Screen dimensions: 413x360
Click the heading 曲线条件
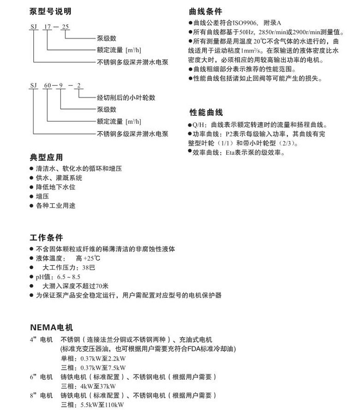coord(205,11)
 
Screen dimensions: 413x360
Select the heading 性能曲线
coord(206,113)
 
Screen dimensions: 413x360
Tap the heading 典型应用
coord(46,157)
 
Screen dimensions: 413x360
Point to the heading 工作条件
coord(46,238)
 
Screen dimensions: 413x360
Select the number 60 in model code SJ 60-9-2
coord(47,86)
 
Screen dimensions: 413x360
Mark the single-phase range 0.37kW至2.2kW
coord(100,358)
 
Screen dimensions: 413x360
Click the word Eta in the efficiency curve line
coord(231,152)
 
